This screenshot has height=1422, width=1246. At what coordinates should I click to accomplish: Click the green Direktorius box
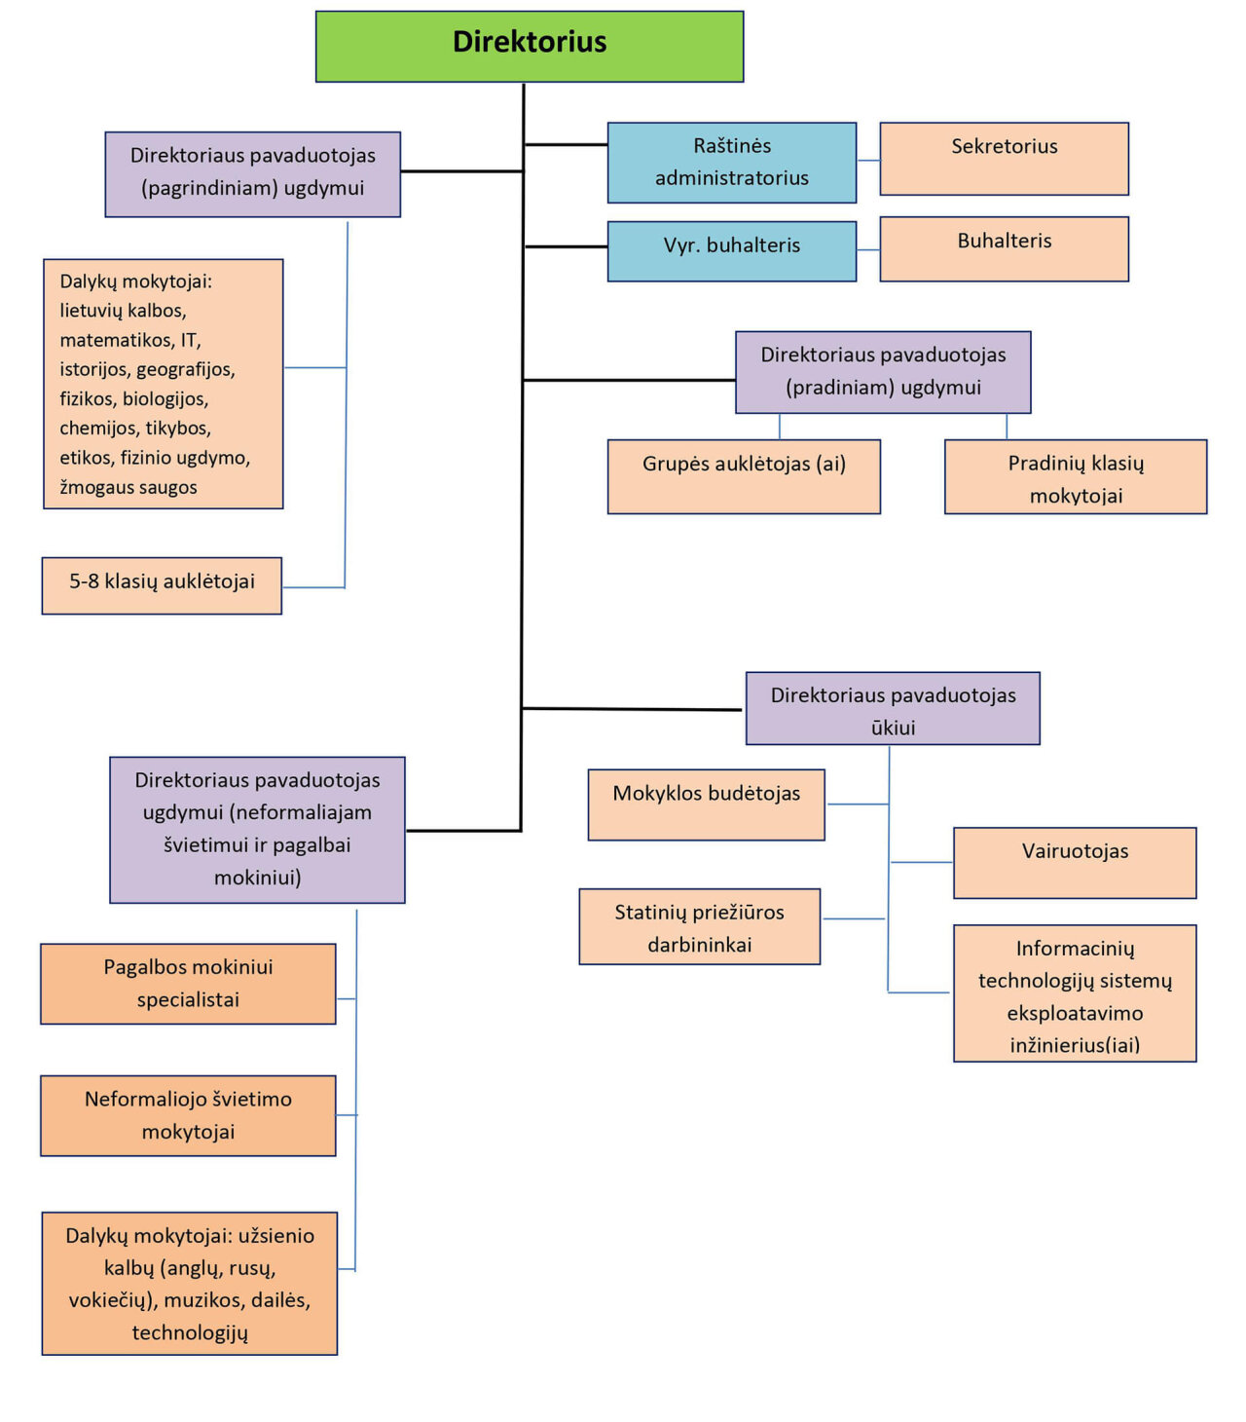coord(530,46)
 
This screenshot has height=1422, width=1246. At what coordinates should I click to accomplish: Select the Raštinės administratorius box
coord(732,163)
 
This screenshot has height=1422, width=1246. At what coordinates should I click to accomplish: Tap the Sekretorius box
coord(1004,159)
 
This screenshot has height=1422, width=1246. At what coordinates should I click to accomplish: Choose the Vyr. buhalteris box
coord(732,251)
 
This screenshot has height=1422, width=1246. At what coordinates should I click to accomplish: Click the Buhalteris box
coord(1004,249)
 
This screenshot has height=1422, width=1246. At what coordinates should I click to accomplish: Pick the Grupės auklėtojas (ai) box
coord(744,476)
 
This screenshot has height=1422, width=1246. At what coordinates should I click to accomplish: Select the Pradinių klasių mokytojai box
coord(1076,477)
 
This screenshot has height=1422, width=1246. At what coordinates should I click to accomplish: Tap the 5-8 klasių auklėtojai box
coord(162,585)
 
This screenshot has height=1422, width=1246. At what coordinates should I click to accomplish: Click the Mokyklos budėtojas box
coord(706,805)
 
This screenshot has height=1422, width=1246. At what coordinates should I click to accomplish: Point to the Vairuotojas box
coord(1075,863)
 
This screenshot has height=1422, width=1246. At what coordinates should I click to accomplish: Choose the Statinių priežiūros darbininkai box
coord(699,927)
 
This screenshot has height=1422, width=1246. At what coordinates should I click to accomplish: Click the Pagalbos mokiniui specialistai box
coord(188,984)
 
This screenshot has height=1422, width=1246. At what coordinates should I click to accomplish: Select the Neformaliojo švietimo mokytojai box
coord(188,1116)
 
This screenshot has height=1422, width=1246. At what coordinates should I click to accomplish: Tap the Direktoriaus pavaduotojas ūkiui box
coord(893,709)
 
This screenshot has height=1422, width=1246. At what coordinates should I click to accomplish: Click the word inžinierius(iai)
coord(1075,1045)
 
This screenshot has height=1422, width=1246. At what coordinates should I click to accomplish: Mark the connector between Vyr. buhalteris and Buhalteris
coord(868,250)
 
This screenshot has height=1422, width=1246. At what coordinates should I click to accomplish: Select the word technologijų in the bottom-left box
coord(190,1332)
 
